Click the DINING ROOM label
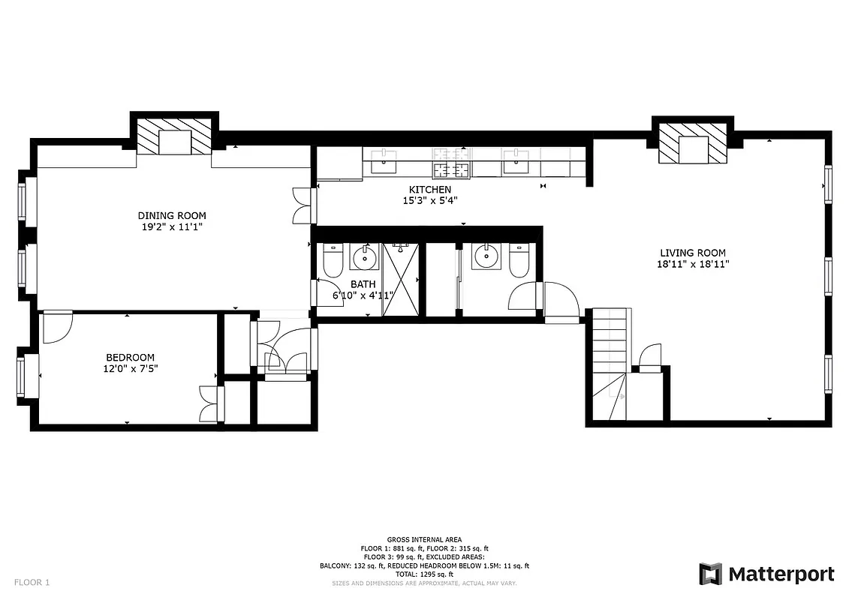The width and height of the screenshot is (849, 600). (x=171, y=216)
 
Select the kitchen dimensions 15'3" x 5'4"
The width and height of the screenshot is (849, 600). (x=430, y=200)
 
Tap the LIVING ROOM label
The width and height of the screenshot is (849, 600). (x=693, y=253)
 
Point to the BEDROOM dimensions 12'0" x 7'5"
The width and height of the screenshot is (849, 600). (x=131, y=368)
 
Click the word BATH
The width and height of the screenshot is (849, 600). (x=363, y=284)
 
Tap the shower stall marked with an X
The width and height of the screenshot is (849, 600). (x=402, y=278)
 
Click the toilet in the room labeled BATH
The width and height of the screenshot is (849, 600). (x=333, y=259)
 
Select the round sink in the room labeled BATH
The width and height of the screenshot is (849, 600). (x=365, y=257)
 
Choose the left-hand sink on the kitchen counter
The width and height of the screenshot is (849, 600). (x=387, y=159)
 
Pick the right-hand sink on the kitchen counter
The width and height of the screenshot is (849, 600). (x=516, y=159)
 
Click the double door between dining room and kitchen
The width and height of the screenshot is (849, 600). (x=302, y=205)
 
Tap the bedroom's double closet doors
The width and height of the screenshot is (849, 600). (x=208, y=404)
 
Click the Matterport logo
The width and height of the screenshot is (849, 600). (x=766, y=574)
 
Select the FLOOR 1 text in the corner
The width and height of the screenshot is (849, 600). (x=32, y=582)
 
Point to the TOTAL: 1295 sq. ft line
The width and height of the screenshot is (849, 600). (x=424, y=574)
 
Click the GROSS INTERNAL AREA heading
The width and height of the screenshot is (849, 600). (x=424, y=539)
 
